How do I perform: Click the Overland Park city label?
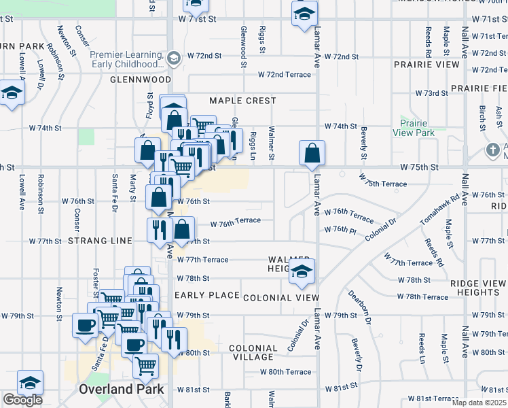[x=121, y=390]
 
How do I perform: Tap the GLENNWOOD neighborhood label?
[x=141, y=80]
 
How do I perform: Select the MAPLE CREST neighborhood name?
[x=242, y=101]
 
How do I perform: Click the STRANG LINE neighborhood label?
[x=98, y=241]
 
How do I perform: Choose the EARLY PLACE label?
[x=207, y=296]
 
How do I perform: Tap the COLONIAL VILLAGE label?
[x=253, y=352]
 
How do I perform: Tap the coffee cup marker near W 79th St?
[x=86, y=325]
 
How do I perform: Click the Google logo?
[x=23, y=400]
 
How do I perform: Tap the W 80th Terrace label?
[x=286, y=372]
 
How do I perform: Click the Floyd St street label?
[x=149, y=106]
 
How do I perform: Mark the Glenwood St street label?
[x=242, y=47]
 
